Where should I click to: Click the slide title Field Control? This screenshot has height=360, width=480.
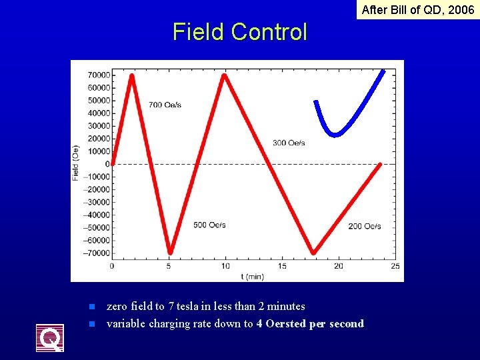pyautogui.click(x=240, y=32)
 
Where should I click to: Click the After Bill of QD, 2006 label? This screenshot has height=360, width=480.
pyautogui.click(x=418, y=10)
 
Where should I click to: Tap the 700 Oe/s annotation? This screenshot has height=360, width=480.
pyautogui.click(x=165, y=105)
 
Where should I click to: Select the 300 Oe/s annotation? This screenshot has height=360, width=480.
pyautogui.click(x=289, y=143)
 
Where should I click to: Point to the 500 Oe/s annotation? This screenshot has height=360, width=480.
pyautogui.click(x=209, y=225)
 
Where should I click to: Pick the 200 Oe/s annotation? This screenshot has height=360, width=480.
pyautogui.click(x=365, y=226)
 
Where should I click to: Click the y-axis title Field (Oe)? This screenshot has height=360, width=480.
pyautogui.click(x=75, y=163)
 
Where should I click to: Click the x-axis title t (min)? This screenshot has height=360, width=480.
pyautogui.click(x=253, y=275)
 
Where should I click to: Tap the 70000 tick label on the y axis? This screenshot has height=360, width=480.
pyautogui.click(x=99, y=75)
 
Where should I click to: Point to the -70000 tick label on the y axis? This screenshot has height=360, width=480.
pyautogui.click(x=97, y=253)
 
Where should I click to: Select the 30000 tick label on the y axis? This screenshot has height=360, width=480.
pyautogui.click(x=99, y=126)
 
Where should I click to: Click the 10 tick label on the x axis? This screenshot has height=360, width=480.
pyautogui.click(x=225, y=266)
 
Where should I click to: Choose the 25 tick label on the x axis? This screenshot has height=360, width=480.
pyautogui.click(x=395, y=266)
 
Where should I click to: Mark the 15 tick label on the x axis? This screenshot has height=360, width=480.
pyautogui.click(x=282, y=266)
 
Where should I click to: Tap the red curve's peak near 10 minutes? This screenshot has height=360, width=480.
pyautogui.click(x=225, y=75)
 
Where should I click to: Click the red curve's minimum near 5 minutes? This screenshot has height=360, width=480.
pyautogui.click(x=170, y=252)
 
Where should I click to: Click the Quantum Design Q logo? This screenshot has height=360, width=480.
pyautogui.click(x=50, y=338)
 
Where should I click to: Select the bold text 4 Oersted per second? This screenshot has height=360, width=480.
pyautogui.click(x=310, y=324)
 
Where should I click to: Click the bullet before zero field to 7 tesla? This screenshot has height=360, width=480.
pyautogui.click(x=93, y=307)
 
